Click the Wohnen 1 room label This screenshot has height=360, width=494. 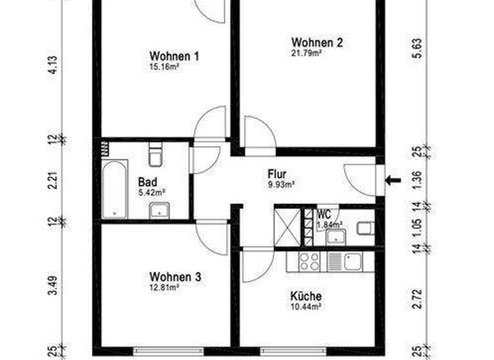[x=174, y=56]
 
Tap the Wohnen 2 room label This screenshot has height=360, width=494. [x=316, y=43]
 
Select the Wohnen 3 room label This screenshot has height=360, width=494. [x=175, y=277]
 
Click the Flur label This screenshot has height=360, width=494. [x=277, y=174]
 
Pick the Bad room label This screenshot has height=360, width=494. [x=147, y=182]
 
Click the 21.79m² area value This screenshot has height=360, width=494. [x=307, y=53]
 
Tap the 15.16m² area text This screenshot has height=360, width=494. [x=163, y=66]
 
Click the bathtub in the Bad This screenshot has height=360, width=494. [x=114, y=189]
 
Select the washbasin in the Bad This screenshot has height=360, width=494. [x=158, y=210]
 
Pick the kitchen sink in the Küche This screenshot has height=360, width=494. [x=351, y=260]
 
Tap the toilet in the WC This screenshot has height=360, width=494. [x=365, y=228]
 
